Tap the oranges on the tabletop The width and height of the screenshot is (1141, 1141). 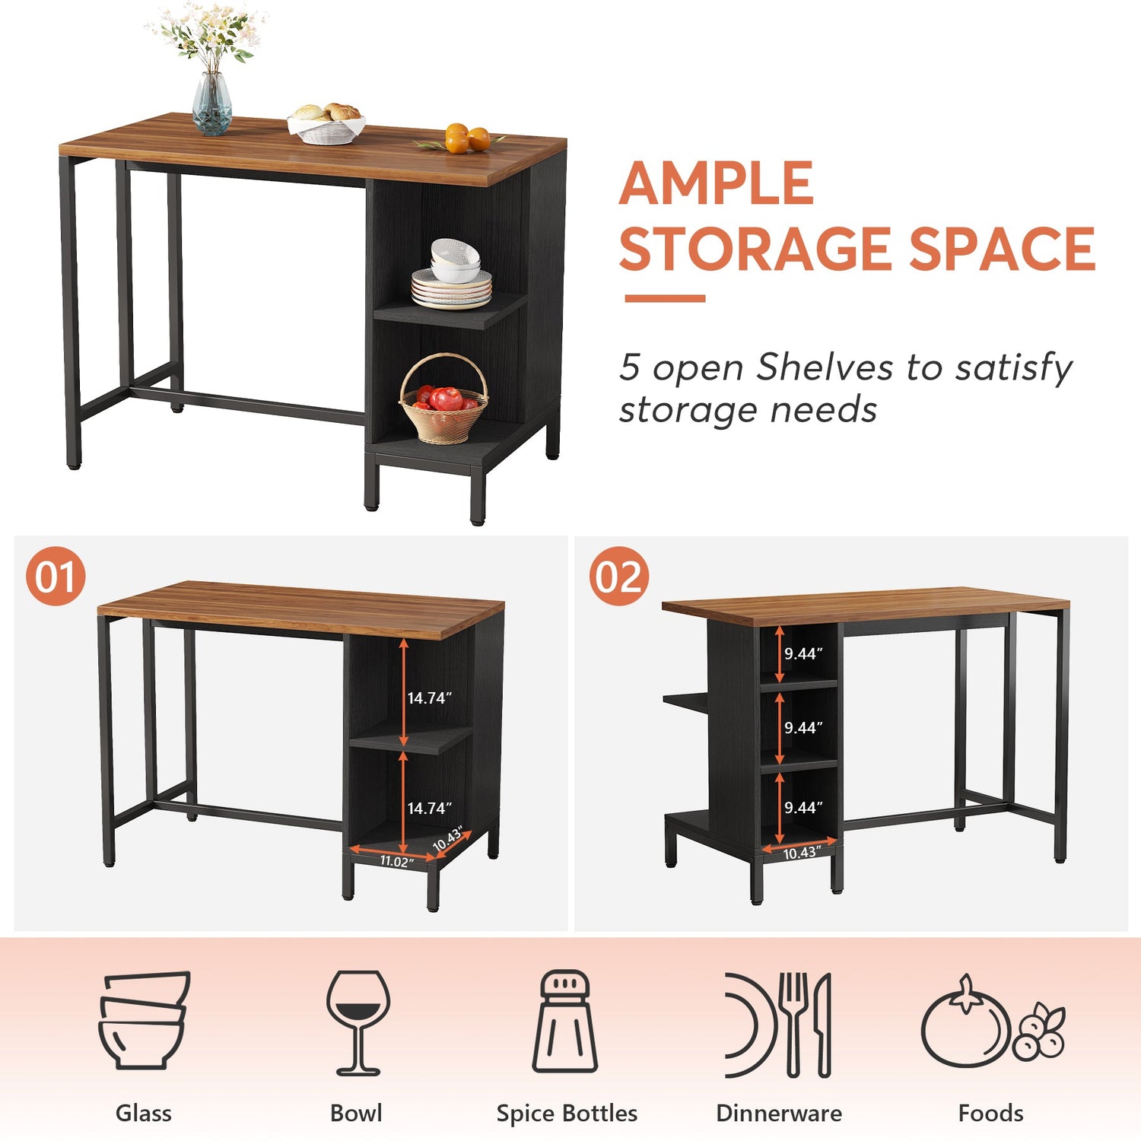coord(466,139)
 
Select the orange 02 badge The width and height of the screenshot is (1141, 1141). coord(618,577)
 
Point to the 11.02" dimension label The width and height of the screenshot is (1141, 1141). coord(396,861)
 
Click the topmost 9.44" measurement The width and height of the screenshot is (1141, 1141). coord(803,653)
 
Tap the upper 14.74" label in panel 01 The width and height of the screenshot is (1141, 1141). coord(429,698)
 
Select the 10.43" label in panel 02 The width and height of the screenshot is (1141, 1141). coord(801,853)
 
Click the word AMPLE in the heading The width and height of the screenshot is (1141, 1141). coord(717,184)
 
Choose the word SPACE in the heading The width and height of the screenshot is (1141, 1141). coord(1002,249)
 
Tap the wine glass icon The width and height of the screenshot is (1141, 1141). coord(358,1021)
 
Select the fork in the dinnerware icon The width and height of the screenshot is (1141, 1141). coord(795,1023)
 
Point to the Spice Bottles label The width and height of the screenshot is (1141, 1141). coord(567,1114)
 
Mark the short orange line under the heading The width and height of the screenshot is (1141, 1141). coord(664,299)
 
